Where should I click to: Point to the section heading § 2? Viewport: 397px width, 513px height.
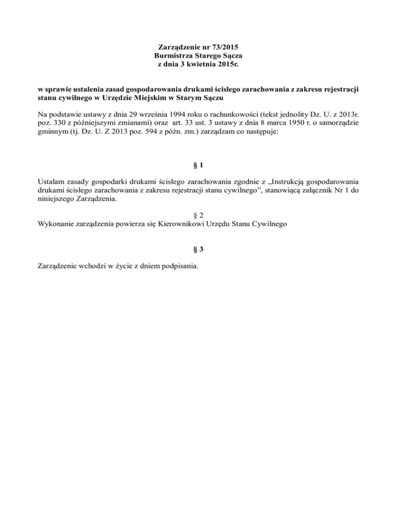(198, 215)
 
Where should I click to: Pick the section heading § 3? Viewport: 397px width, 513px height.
(198, 250)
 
